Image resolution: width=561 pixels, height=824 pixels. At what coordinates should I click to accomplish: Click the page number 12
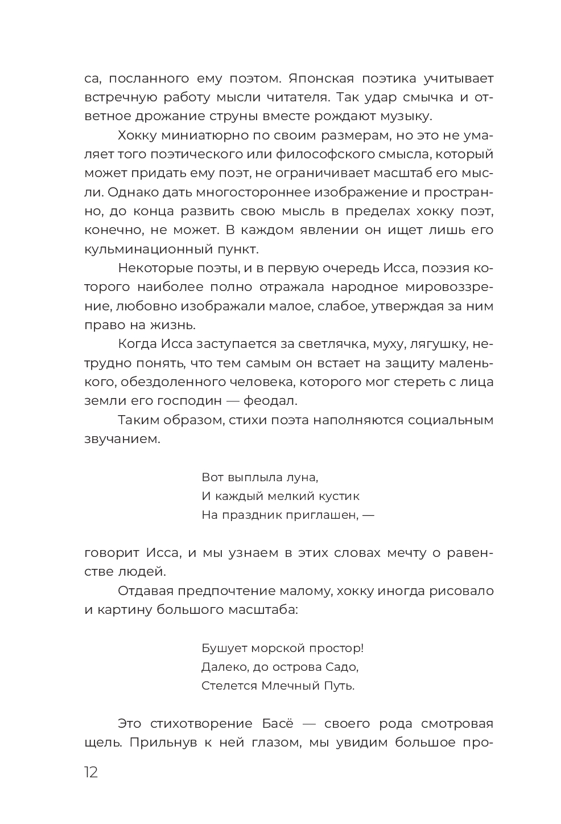pos(91,773)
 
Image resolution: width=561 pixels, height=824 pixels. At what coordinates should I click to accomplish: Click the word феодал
pos(270,401)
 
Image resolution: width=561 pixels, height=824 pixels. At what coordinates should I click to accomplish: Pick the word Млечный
pos(285,686)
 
